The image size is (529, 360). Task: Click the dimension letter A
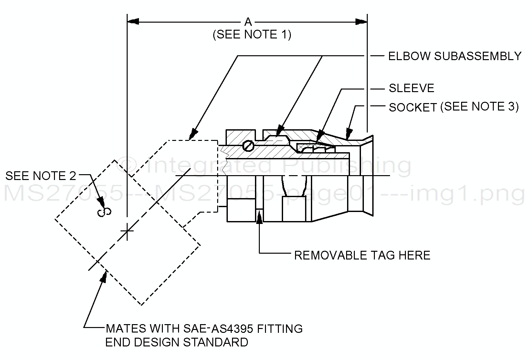248,22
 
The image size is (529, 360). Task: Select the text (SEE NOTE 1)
252,35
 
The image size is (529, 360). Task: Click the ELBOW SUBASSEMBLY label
455,56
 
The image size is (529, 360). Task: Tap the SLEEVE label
411,88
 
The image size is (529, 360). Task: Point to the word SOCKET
413,108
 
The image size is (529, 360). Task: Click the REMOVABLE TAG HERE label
362,255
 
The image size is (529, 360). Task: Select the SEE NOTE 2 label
41,176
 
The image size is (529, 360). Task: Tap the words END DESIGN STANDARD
177,342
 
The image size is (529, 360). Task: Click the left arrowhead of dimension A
133,22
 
